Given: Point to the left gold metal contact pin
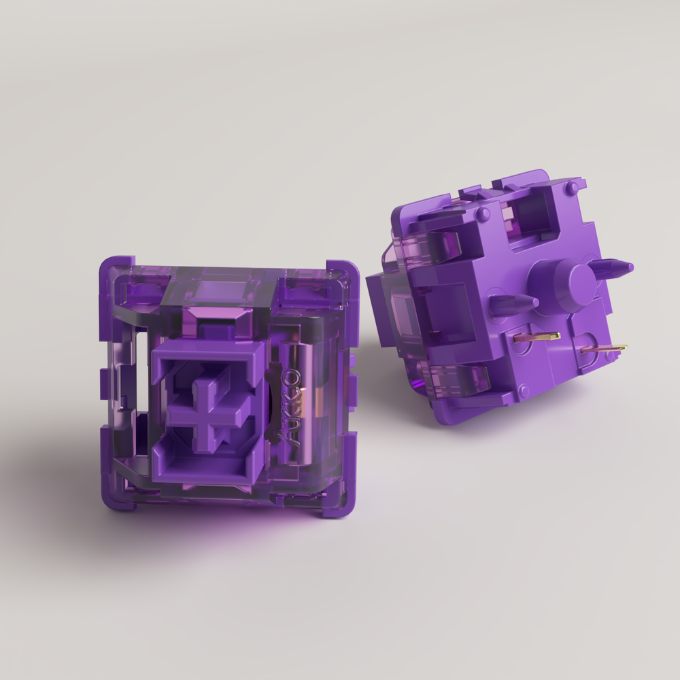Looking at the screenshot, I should pyautogui.click(x=537, y=337).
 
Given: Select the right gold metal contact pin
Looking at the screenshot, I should pyautogui.click(x=604, y=349).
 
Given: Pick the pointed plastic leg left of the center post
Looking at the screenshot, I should pyautogui.click(x=513, y=303).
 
